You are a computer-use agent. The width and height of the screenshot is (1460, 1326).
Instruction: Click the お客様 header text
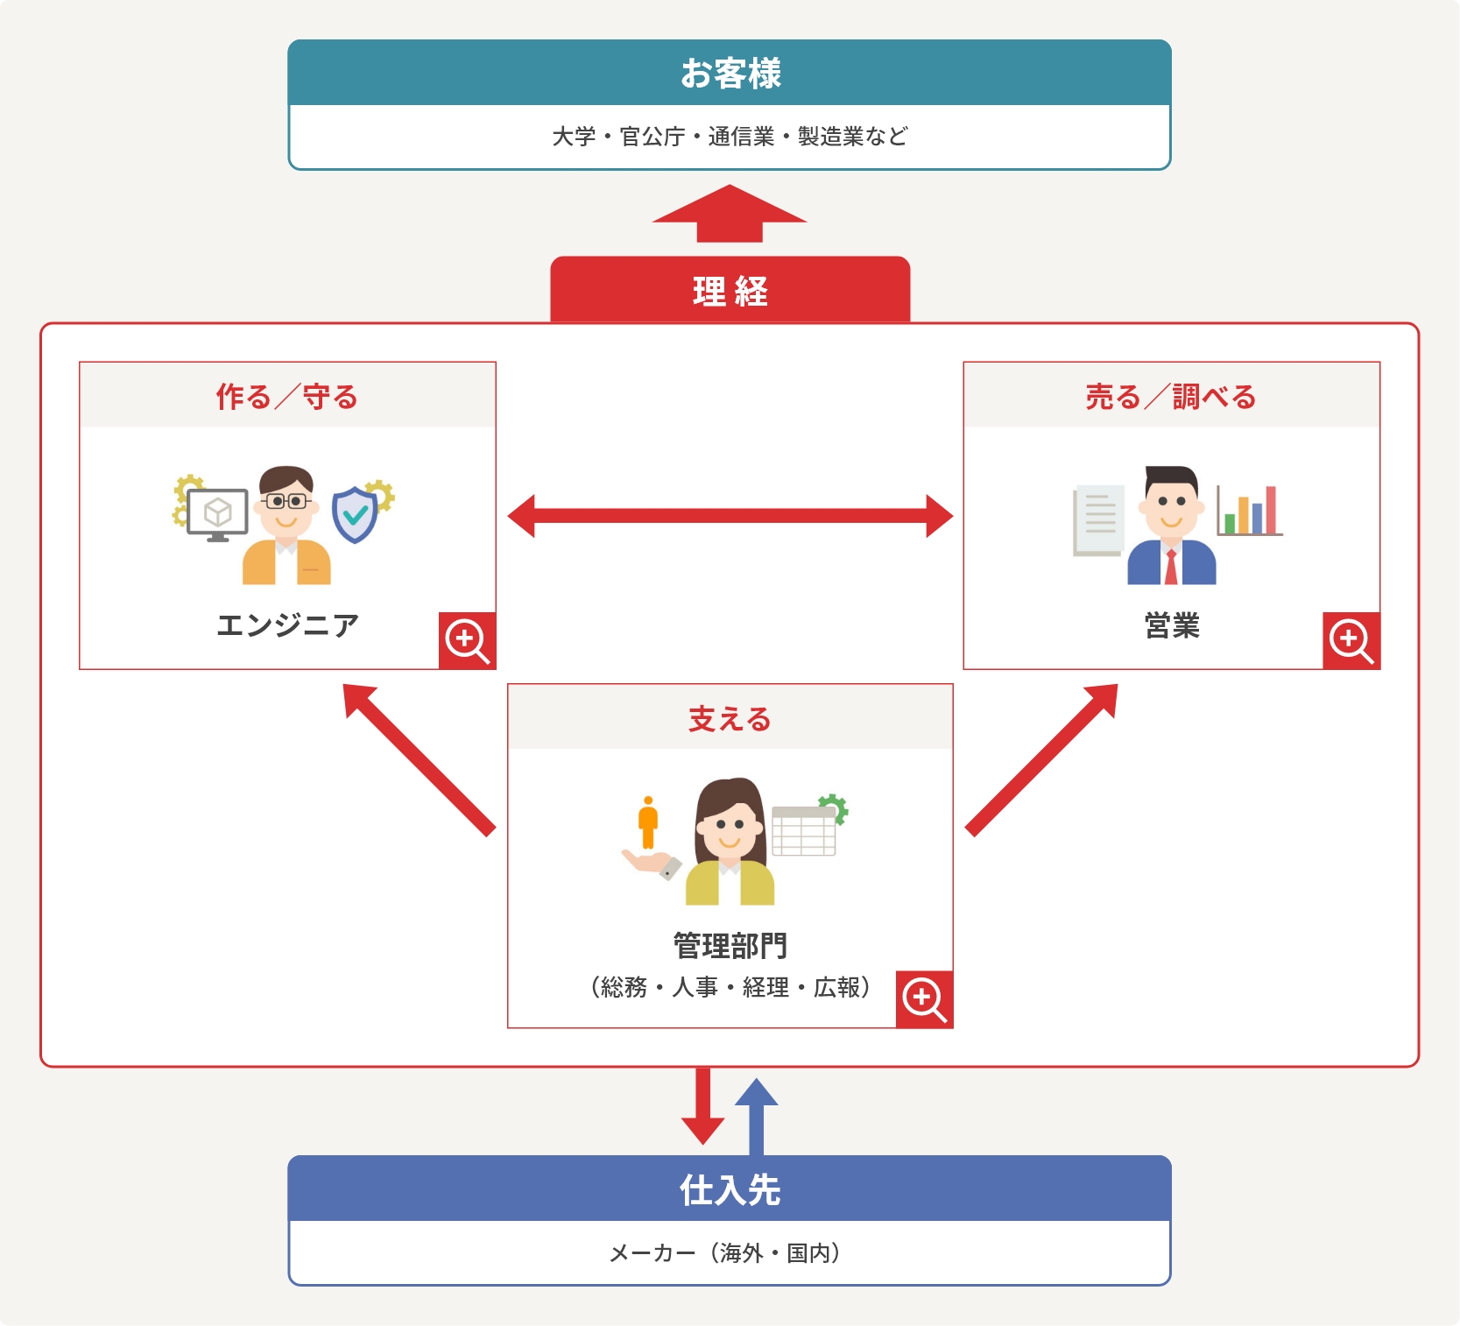[730, 74]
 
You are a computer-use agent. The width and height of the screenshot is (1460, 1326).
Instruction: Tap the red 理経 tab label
[730, 291]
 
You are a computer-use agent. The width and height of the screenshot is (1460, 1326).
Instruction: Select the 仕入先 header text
[730, 1189]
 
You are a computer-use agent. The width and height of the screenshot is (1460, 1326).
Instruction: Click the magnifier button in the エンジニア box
[467, 641]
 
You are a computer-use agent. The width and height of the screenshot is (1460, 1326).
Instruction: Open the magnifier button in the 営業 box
[1351, 641]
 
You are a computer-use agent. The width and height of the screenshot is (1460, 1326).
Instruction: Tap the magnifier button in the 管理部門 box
[924, 999]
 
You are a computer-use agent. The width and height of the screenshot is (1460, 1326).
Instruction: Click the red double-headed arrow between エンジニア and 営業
[730, 516]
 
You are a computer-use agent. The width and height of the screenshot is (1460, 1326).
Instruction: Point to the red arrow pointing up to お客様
[730, 214]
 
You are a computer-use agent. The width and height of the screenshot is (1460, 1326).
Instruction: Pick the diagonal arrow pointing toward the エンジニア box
[419, 759]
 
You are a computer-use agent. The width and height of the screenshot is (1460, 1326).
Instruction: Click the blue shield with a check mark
[355, 515]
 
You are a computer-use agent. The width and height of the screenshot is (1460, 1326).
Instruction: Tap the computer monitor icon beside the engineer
[217, 514]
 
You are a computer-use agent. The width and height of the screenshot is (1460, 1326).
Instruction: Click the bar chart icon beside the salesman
[1249, 511]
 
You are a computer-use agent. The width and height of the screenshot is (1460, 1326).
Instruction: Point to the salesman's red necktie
[1171, 567]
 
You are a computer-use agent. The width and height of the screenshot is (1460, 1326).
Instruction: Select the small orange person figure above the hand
[648, 822]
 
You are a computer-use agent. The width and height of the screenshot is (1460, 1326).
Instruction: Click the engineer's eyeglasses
[286, 502]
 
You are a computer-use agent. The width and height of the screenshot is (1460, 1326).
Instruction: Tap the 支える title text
[730, 719]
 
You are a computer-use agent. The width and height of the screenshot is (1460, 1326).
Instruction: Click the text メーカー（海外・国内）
[725, 1253]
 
